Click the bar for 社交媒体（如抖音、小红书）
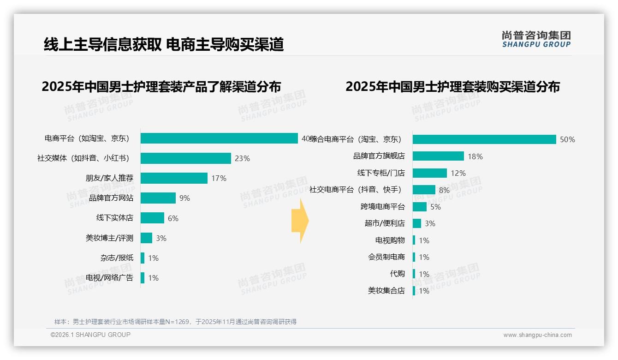pyautogui.click(x=185, y=158)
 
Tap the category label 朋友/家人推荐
pyautogui.click(x=109, y=178)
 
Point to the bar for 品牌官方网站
pyautogui.click(x=158, y=198)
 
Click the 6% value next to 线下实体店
pyautogui.click(x=173, y=218)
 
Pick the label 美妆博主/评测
pyautogui.click(x=109, y=238)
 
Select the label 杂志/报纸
pyautogui.click(x=117, y=258)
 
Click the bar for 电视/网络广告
pyautogui.click(x=143, y=278)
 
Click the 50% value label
pyautogui.click(x=567, y=139)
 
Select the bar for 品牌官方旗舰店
pyautogui.click(x=438, y=156)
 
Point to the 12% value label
pyautogui.click(x=458, y=173)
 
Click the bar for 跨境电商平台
pyautogui.click(x=419, y=207)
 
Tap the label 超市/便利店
pyautogui.click(x=385, y=223)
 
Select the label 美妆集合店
pyautogui.click(x=386, y=291)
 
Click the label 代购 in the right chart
pyautogui.click(x=397, y=274)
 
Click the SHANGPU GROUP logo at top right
pyautogui.click(x=536, y=39)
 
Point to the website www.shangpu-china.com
pyautogui.click(x=537, y=335)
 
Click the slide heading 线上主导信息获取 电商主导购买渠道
pyautogui.click(x=164, y=44)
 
